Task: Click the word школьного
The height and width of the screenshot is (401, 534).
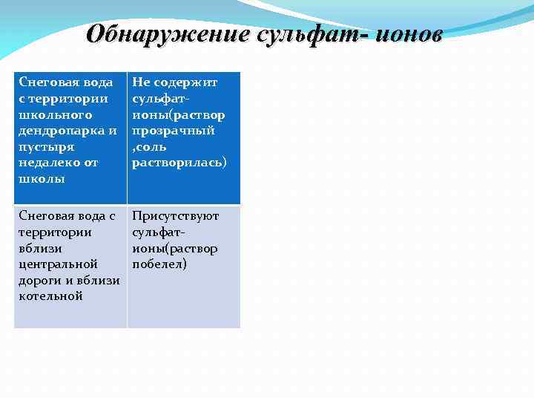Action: (x=56, y=114)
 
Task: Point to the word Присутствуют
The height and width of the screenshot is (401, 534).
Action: (x=176, y=216)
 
